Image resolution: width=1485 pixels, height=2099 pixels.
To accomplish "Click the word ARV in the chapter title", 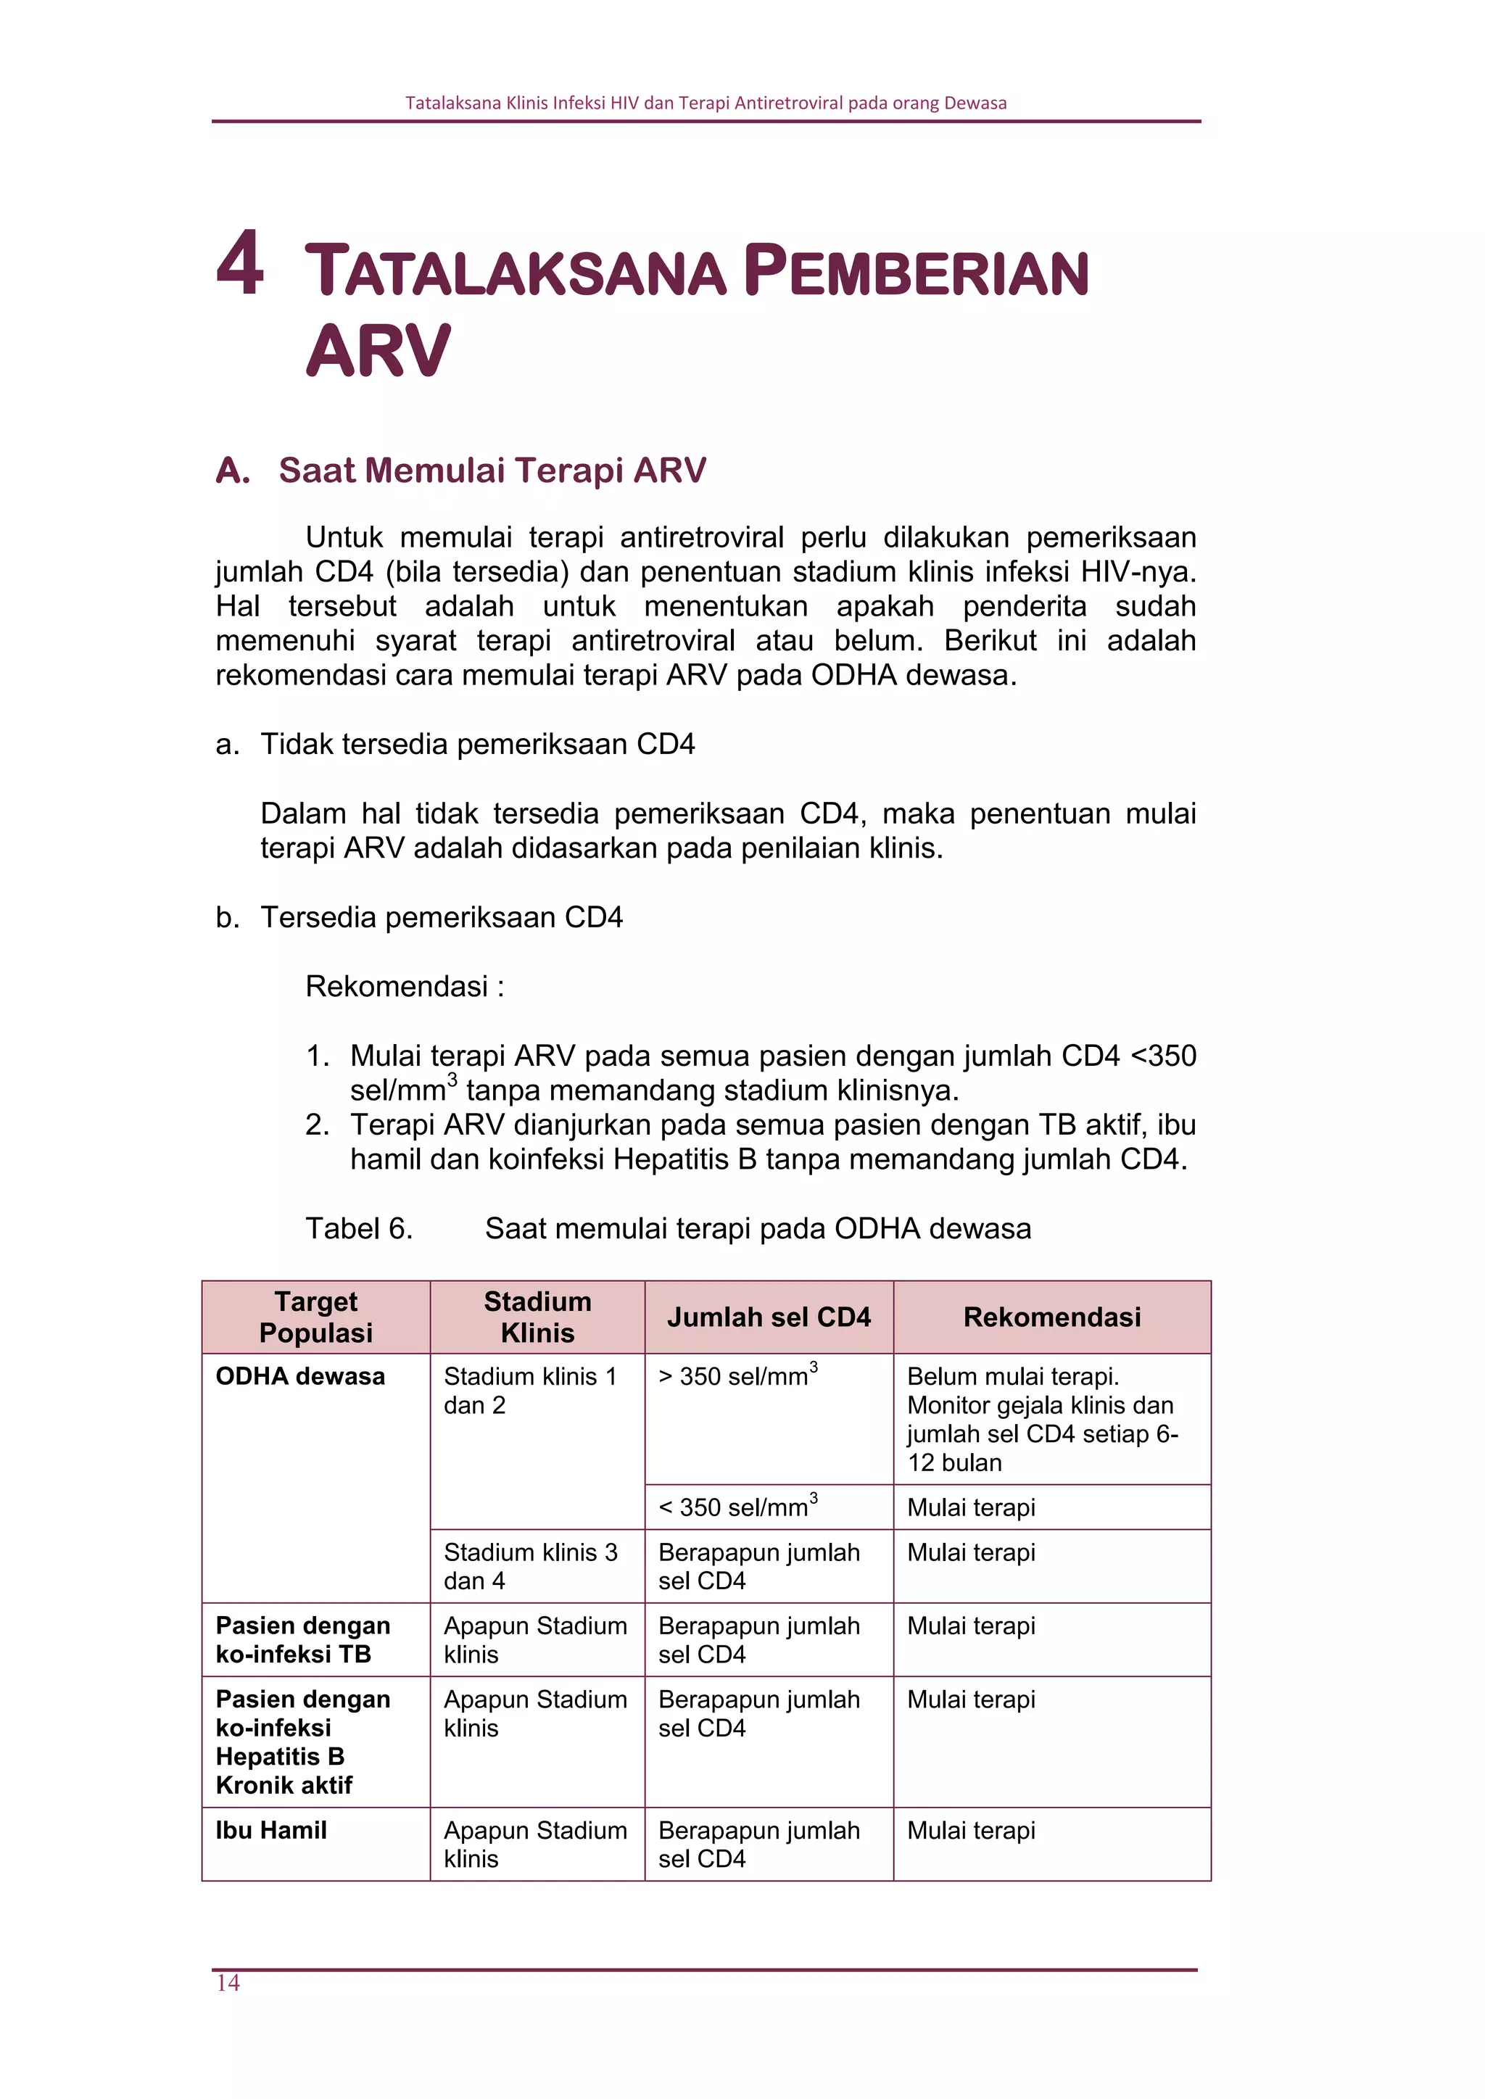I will click(378, 351).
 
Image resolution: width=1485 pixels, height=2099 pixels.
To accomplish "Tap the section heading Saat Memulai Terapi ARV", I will click(491, 470).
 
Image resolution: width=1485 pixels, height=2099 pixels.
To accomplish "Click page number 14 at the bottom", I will click(228, 1982).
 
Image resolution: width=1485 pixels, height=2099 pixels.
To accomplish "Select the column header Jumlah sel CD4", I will click(768, 1317).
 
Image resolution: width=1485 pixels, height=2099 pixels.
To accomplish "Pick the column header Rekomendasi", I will click(1051, 1317).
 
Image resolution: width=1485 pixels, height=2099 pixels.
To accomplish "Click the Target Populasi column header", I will click(315, 1317).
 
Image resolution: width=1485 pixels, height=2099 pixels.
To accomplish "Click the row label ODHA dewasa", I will click(300, 1376).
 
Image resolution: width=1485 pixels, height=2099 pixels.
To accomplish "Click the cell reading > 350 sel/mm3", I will click(737, 1376).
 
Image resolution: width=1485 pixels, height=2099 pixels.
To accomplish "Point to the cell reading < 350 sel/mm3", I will click(737, 1507).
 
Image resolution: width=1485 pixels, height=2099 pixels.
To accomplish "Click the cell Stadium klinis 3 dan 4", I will click(530, 1566).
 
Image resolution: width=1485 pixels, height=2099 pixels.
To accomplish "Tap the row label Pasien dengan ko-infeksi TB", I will click(302, 1639).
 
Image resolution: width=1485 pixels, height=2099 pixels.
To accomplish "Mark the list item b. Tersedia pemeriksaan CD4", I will click(441, 917).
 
